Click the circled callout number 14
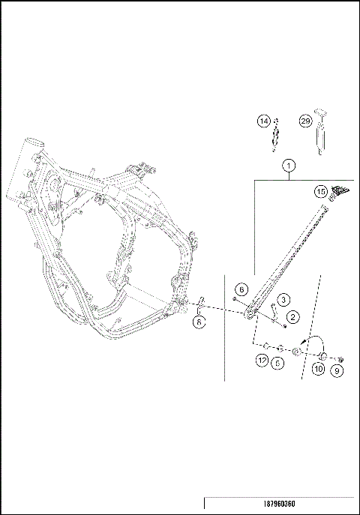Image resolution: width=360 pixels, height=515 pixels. (263, 121)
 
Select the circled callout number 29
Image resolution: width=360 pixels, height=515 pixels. (304, 121)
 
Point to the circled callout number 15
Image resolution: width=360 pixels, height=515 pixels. (320, 192)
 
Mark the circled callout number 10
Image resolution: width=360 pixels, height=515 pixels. (319, 369)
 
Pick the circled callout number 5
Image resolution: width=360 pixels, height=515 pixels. (278, 362)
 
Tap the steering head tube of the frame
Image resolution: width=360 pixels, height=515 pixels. (34, 151)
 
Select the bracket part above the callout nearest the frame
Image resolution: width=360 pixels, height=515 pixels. (201, 307)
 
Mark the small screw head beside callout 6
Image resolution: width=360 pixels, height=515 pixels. (234, 299)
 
